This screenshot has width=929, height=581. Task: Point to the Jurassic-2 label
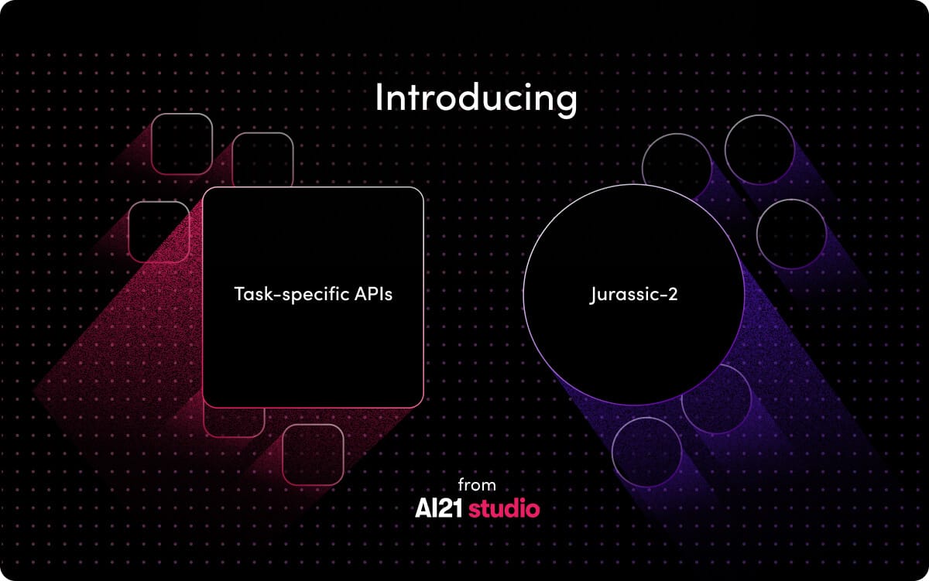(x=633, y=295)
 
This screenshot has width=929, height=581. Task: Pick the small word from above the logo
(x=476, y=485)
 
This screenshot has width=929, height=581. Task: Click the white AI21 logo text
(x=439, y=509)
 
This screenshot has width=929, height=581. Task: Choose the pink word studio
(x=504, y=509)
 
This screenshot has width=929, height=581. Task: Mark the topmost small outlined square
(x=182, y=144)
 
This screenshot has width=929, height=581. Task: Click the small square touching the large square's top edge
(x=262, y=159)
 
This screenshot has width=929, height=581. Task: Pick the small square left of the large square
(x=158, y=231)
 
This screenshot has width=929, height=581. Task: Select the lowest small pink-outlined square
(x=313, y=455)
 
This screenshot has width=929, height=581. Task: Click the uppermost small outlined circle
(x=759, y=149)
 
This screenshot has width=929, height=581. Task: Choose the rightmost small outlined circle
(x=790, y=234)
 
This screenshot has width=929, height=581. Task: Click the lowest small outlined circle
(x=646, y=452)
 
